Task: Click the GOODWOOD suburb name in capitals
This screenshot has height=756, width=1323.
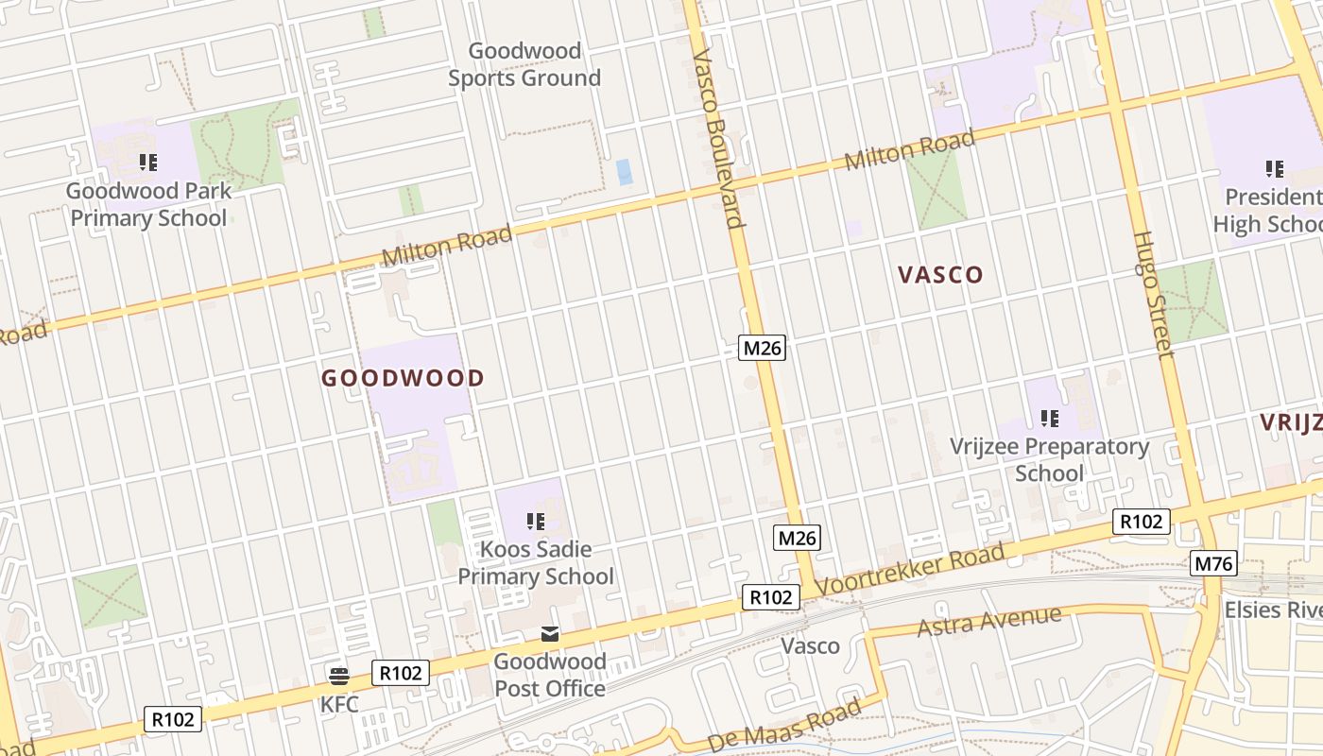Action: click(403, 379)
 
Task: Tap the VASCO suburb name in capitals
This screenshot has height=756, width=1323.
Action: click(940, 275)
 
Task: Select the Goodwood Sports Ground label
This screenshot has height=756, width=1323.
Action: click(524, 64)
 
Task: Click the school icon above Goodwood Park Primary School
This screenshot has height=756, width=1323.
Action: click(147, 163)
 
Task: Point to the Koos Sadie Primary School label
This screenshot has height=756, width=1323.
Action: click(536, 562)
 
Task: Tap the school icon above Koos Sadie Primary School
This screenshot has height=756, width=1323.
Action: click(535, 521)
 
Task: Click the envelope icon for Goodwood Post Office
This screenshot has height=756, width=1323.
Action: click(549, 634)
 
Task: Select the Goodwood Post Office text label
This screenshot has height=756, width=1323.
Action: click(550, 675)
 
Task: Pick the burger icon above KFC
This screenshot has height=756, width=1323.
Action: click(338, 676)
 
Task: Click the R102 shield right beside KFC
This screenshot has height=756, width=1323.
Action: click(401, 673)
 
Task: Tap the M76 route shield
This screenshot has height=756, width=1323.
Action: click(1213, 564)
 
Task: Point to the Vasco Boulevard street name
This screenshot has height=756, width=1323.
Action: click(717, 140)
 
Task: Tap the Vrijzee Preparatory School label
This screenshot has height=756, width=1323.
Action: click(1049, 459)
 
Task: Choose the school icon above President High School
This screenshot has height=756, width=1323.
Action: click(1275, 169)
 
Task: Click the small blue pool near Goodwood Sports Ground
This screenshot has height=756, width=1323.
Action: click(624, 172)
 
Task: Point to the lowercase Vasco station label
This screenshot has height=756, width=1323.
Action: click(811, 646)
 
